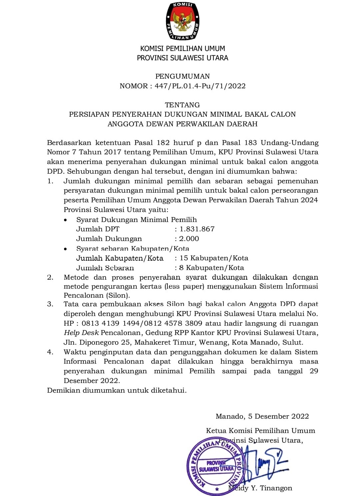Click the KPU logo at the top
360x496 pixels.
(x=182, y=21)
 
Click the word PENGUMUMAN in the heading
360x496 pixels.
(x=182, y=76)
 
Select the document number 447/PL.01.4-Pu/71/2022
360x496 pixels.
(x=200, y=86)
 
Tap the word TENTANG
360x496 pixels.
(x=182, y=105)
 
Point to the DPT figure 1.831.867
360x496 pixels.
(x=197, y=229)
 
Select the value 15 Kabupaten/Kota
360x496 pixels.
(x=214, y=258)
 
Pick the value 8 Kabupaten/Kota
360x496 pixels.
(x=212, y=268)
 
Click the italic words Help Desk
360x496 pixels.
(x=81, y=333)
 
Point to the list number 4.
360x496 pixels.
(x=50, y=352)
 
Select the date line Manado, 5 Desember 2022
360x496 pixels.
(x=262, y=416)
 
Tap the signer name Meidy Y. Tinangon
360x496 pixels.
(x=260, y=488)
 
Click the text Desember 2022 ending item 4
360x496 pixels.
(x=92, y=381)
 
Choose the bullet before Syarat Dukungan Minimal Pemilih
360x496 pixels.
(x=66, y=220)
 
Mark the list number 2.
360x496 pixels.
(x=50, y=277)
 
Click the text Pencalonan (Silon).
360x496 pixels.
(x=97, y=295)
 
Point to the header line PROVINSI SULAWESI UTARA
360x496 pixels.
(x=182, y=58)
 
